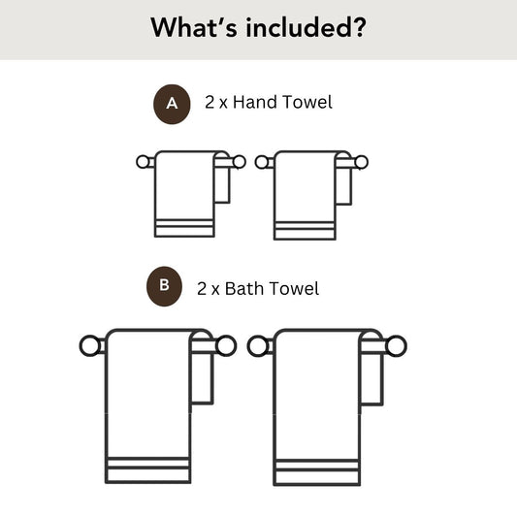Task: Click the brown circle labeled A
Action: tap(173, 102)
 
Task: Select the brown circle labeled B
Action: tap(164, 285)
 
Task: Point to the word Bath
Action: tap(247, 288)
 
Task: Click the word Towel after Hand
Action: tap(307, 102)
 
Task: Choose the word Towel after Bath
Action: tap(295, 288)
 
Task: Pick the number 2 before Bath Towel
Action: tap(202, 288)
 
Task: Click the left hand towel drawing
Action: tap(185, 194)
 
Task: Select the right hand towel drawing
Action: tap(305, 194)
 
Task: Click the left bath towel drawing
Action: tap(147, 407)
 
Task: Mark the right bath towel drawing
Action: tap(317, 407)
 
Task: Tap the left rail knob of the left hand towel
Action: tap(144, 162)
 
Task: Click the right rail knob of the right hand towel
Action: tap(362, 162)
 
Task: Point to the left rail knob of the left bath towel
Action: tap(88, 345)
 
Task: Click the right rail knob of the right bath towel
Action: tap(396, 345)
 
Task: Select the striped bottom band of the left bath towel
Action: tap(147, 471)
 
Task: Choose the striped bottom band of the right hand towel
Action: tap(305, 229)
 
